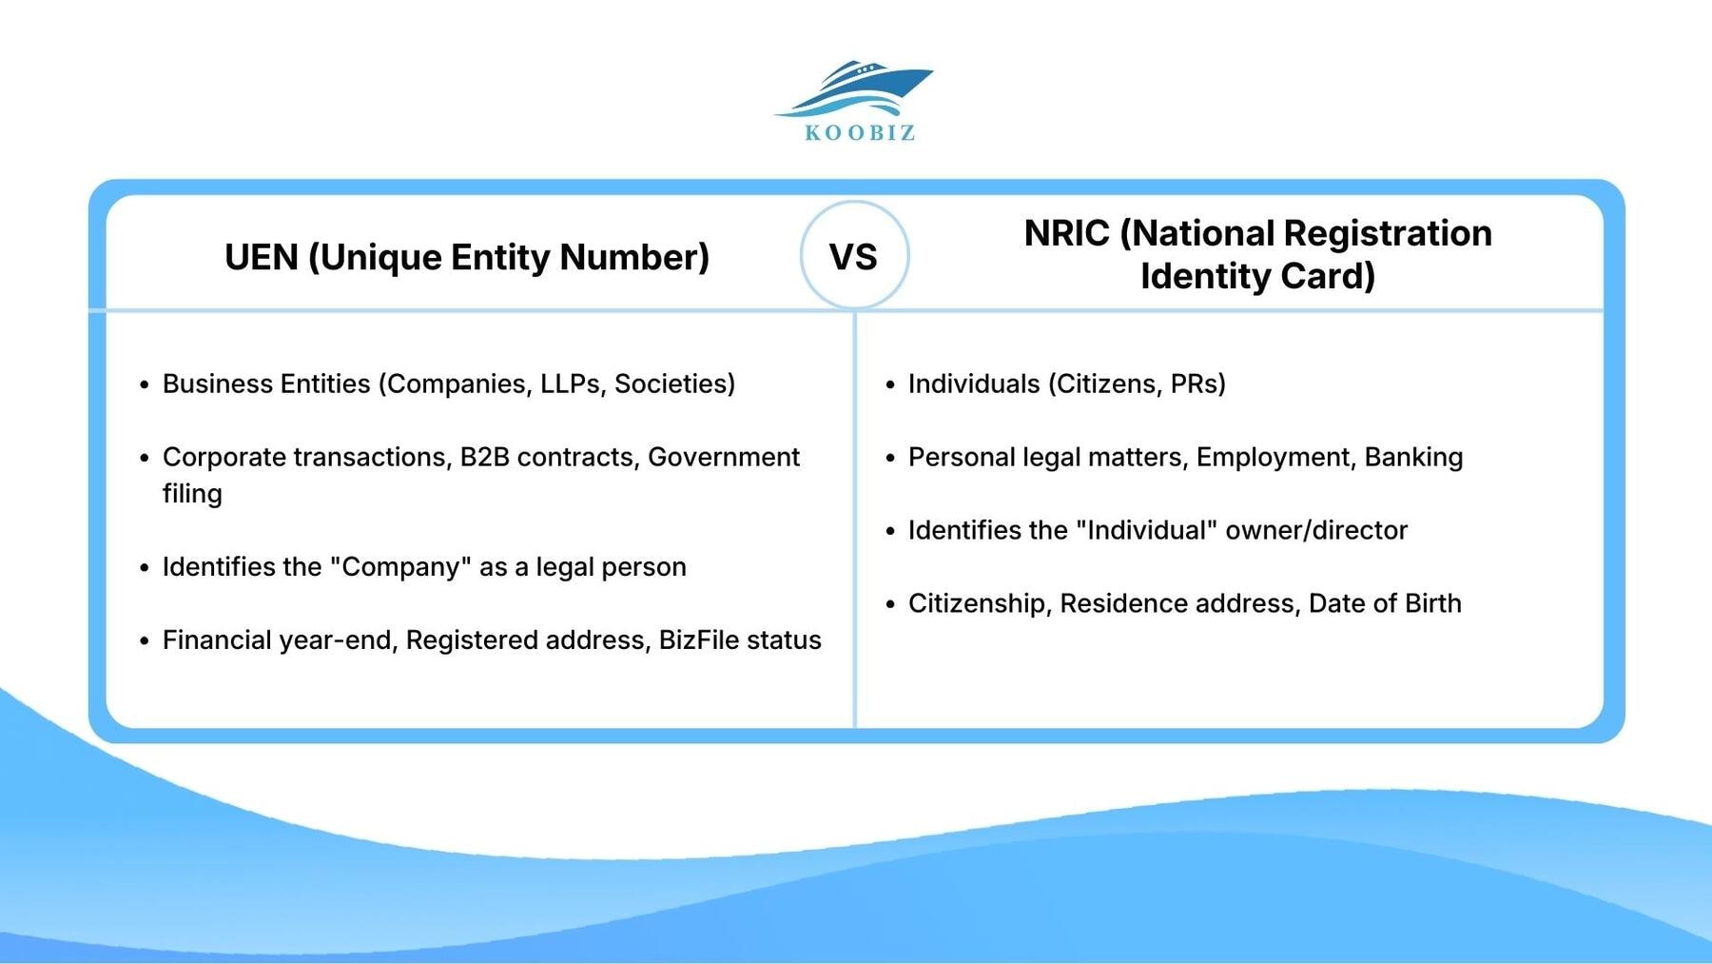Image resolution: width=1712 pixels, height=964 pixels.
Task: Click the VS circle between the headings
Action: pyautogui.click(x=854, y=256)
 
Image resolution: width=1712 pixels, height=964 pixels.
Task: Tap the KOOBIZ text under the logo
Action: pyautogui.click(x=860, y=133)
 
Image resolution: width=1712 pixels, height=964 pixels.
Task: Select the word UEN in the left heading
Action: pyautogui.click(x=261, y=257)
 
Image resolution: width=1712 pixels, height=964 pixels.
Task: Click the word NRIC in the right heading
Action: pyautogui.click(x=1066, y=233)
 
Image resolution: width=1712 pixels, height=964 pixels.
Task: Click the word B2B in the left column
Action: pyautogui.click(x=484, y=457)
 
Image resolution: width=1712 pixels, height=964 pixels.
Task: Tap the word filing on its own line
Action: pyautogui.click(x=192, y=494)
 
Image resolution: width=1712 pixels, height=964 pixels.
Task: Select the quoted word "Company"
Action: pyautogui.click(x=400, y=566)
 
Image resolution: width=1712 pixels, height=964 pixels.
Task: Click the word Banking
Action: pyautogui.click(x=1413, y=457)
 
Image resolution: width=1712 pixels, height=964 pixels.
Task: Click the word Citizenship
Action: pyautogui.click(x=976, y=603)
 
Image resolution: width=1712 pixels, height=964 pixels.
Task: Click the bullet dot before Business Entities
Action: pyautogui.click(x=145, y=384)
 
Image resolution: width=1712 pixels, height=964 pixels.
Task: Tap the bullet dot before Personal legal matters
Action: pyautogui.click(x=890, y=458)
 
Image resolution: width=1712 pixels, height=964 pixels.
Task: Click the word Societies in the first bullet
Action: pyautogui.click(x=673, y=384)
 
